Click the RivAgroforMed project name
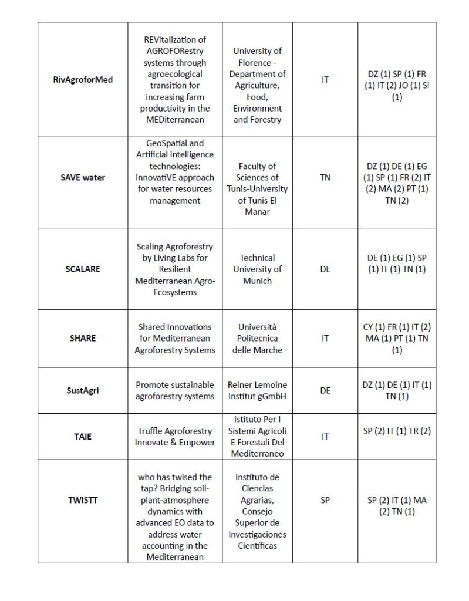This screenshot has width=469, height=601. click(83, 79)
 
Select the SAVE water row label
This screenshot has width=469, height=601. click(83, 177)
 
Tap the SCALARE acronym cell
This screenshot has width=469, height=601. click(83, 269)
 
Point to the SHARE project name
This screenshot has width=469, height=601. click(83, 338)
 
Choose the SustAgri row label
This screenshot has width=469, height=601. click(83, 390)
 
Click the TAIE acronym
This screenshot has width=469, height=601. click(83, 437)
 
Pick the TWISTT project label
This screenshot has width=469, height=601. click(83, 500)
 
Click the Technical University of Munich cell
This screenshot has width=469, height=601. click(257, 269)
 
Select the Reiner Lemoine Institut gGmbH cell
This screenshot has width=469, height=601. click(257, 390)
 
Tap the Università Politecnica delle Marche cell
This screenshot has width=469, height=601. click(257, 338)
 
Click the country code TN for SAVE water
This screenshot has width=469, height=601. click(325, 177)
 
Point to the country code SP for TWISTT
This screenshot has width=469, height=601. click(325, 500)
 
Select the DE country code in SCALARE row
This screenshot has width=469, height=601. click(325, 269)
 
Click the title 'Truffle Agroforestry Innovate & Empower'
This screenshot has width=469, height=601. click(175, 437)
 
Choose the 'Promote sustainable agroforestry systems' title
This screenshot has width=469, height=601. click(175, 390)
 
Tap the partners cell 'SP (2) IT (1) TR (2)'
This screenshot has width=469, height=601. click(397, 431)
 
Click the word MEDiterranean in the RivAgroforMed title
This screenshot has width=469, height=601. click(175, 120)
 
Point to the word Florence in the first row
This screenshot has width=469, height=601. click(257, 63)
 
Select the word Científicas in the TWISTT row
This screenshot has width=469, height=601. click(257, 546)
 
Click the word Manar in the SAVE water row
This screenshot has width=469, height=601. click(257, 211)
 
